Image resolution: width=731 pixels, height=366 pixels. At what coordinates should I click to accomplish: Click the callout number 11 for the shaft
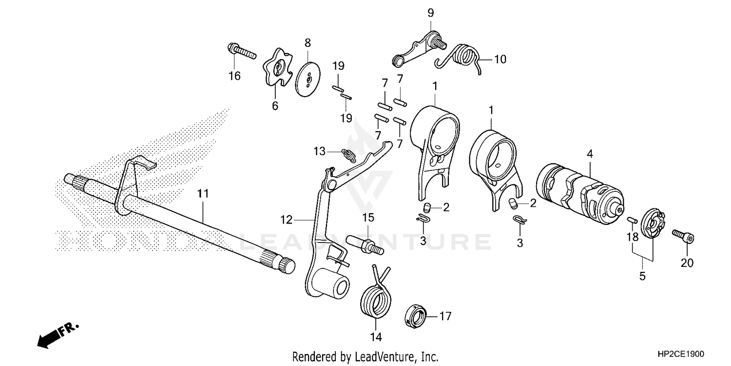click(203, 194)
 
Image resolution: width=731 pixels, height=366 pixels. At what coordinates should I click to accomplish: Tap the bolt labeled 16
click(241, 51)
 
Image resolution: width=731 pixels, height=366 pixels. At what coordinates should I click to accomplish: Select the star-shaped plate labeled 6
click(275, 71)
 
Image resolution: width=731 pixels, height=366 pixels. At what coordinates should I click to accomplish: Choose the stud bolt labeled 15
click(365, 244)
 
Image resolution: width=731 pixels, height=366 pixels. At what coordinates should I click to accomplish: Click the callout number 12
click(287, 220)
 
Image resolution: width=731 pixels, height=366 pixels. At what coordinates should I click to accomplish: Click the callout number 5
click(642, 276)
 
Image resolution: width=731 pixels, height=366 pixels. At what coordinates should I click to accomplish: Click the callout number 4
click(590, 154)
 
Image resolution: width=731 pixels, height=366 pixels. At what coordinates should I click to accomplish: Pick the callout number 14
click(375, 337)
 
